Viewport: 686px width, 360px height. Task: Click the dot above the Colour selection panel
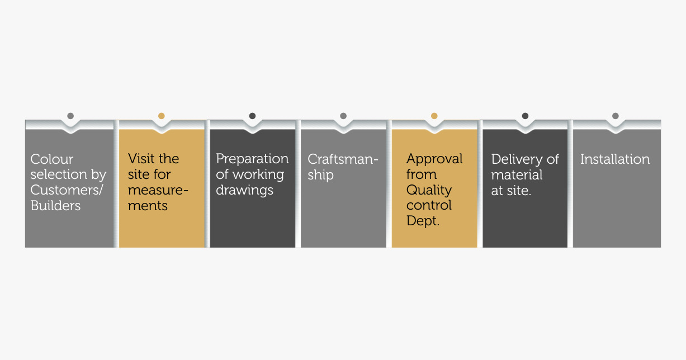coord(70,116)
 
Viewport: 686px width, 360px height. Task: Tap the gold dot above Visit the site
coord(162,116)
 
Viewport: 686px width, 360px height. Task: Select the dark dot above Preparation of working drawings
coord(252,116)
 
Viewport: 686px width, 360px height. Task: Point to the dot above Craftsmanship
coord(343,116)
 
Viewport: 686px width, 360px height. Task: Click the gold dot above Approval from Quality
coord(434,116)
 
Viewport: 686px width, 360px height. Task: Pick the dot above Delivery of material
coord(525,116)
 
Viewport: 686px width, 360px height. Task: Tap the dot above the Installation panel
coord(616,116)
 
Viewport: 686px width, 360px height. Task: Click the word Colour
coord(52,159)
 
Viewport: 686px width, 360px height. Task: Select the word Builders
coord(55,205)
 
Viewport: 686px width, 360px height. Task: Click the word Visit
coord(141,159)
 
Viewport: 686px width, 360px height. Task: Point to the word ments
coord(148,206)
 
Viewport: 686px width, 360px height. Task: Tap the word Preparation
coord(252,159)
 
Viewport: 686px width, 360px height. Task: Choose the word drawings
coord(244,191)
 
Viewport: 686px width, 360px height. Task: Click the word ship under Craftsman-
coord(320,176)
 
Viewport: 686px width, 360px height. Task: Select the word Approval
coord(434,159)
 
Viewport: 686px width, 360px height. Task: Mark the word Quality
coord(429,191)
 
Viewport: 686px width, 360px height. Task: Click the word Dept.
coord(423,221)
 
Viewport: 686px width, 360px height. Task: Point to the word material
coord(517,175)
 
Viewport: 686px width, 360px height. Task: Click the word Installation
coord(615,159)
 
